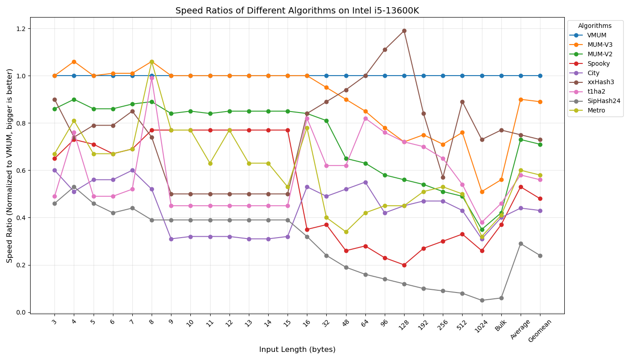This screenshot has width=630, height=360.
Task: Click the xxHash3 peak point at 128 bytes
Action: pos(404,31)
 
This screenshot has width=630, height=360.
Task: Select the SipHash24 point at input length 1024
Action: pos(482,300)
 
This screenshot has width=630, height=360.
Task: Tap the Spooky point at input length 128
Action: pos(404,265)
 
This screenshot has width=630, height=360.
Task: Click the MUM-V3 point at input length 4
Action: pos(74,62)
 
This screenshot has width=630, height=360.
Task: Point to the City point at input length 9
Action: pos(171,239)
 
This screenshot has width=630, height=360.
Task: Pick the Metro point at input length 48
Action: pos(346,232)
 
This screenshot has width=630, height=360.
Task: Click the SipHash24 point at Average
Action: pos(521,243)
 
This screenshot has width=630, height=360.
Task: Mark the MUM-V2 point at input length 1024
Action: pos(482,229)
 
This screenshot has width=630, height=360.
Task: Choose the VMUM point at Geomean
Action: pos(540,76)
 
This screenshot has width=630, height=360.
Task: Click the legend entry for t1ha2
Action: pos(597,92)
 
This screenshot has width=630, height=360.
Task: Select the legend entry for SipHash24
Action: pos(603,101)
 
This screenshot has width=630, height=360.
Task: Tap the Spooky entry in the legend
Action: pos(598,63)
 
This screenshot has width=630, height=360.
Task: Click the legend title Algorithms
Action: pos(595,26)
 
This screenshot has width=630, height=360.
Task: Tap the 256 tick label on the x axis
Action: pos(441,325)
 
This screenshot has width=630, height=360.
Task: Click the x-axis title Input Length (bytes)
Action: pos(297,350)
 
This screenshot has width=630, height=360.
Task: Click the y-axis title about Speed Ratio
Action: pos(10,166)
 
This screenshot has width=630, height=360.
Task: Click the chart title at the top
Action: pos(297,11)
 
